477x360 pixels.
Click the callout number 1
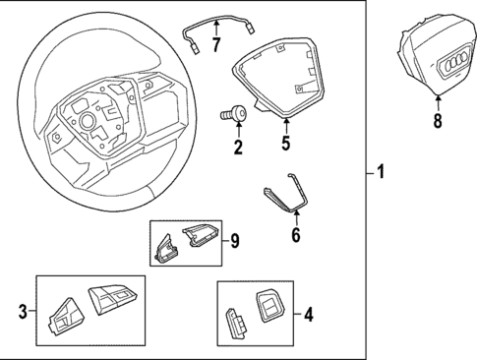[381, 174]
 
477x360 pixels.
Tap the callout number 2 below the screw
[237, 148]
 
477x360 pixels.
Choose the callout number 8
[438, 121]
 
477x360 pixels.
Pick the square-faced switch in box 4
[268, 308]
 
